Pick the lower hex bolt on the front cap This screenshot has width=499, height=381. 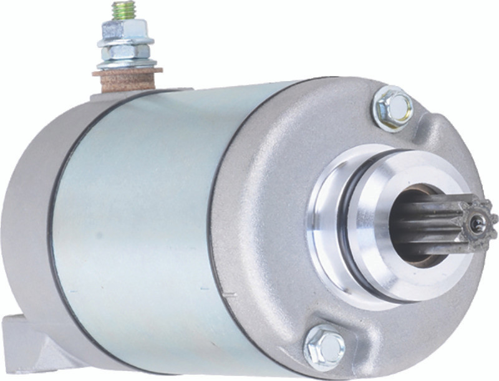[x=324, y=347]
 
